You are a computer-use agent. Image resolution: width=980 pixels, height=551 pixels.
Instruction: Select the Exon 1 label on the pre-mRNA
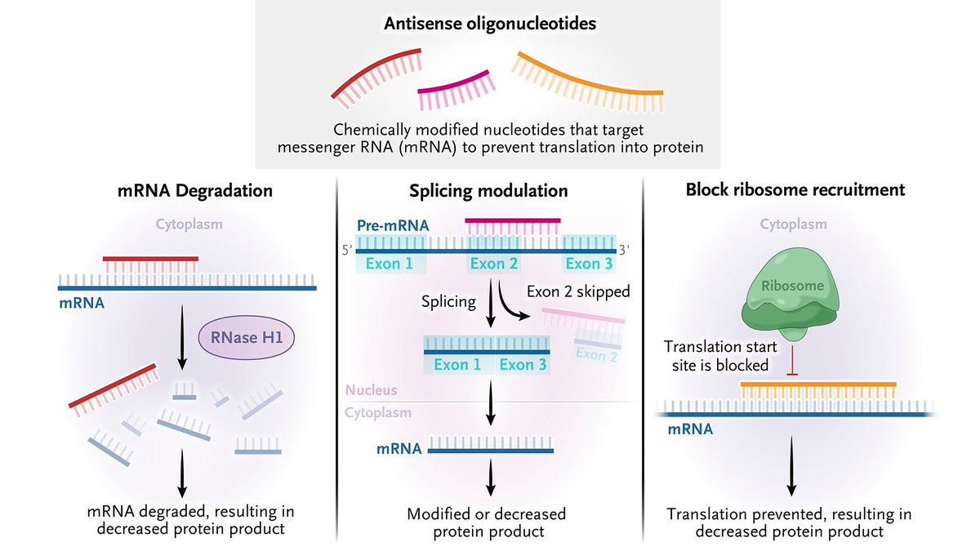click(390, 263)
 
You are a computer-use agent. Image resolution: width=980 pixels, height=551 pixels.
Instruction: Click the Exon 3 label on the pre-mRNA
click(588, 263)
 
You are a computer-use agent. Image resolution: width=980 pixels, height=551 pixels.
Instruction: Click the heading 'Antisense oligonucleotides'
click(490, 23)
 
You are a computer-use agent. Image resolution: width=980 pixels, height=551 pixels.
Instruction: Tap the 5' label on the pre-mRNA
click(347, 251)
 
